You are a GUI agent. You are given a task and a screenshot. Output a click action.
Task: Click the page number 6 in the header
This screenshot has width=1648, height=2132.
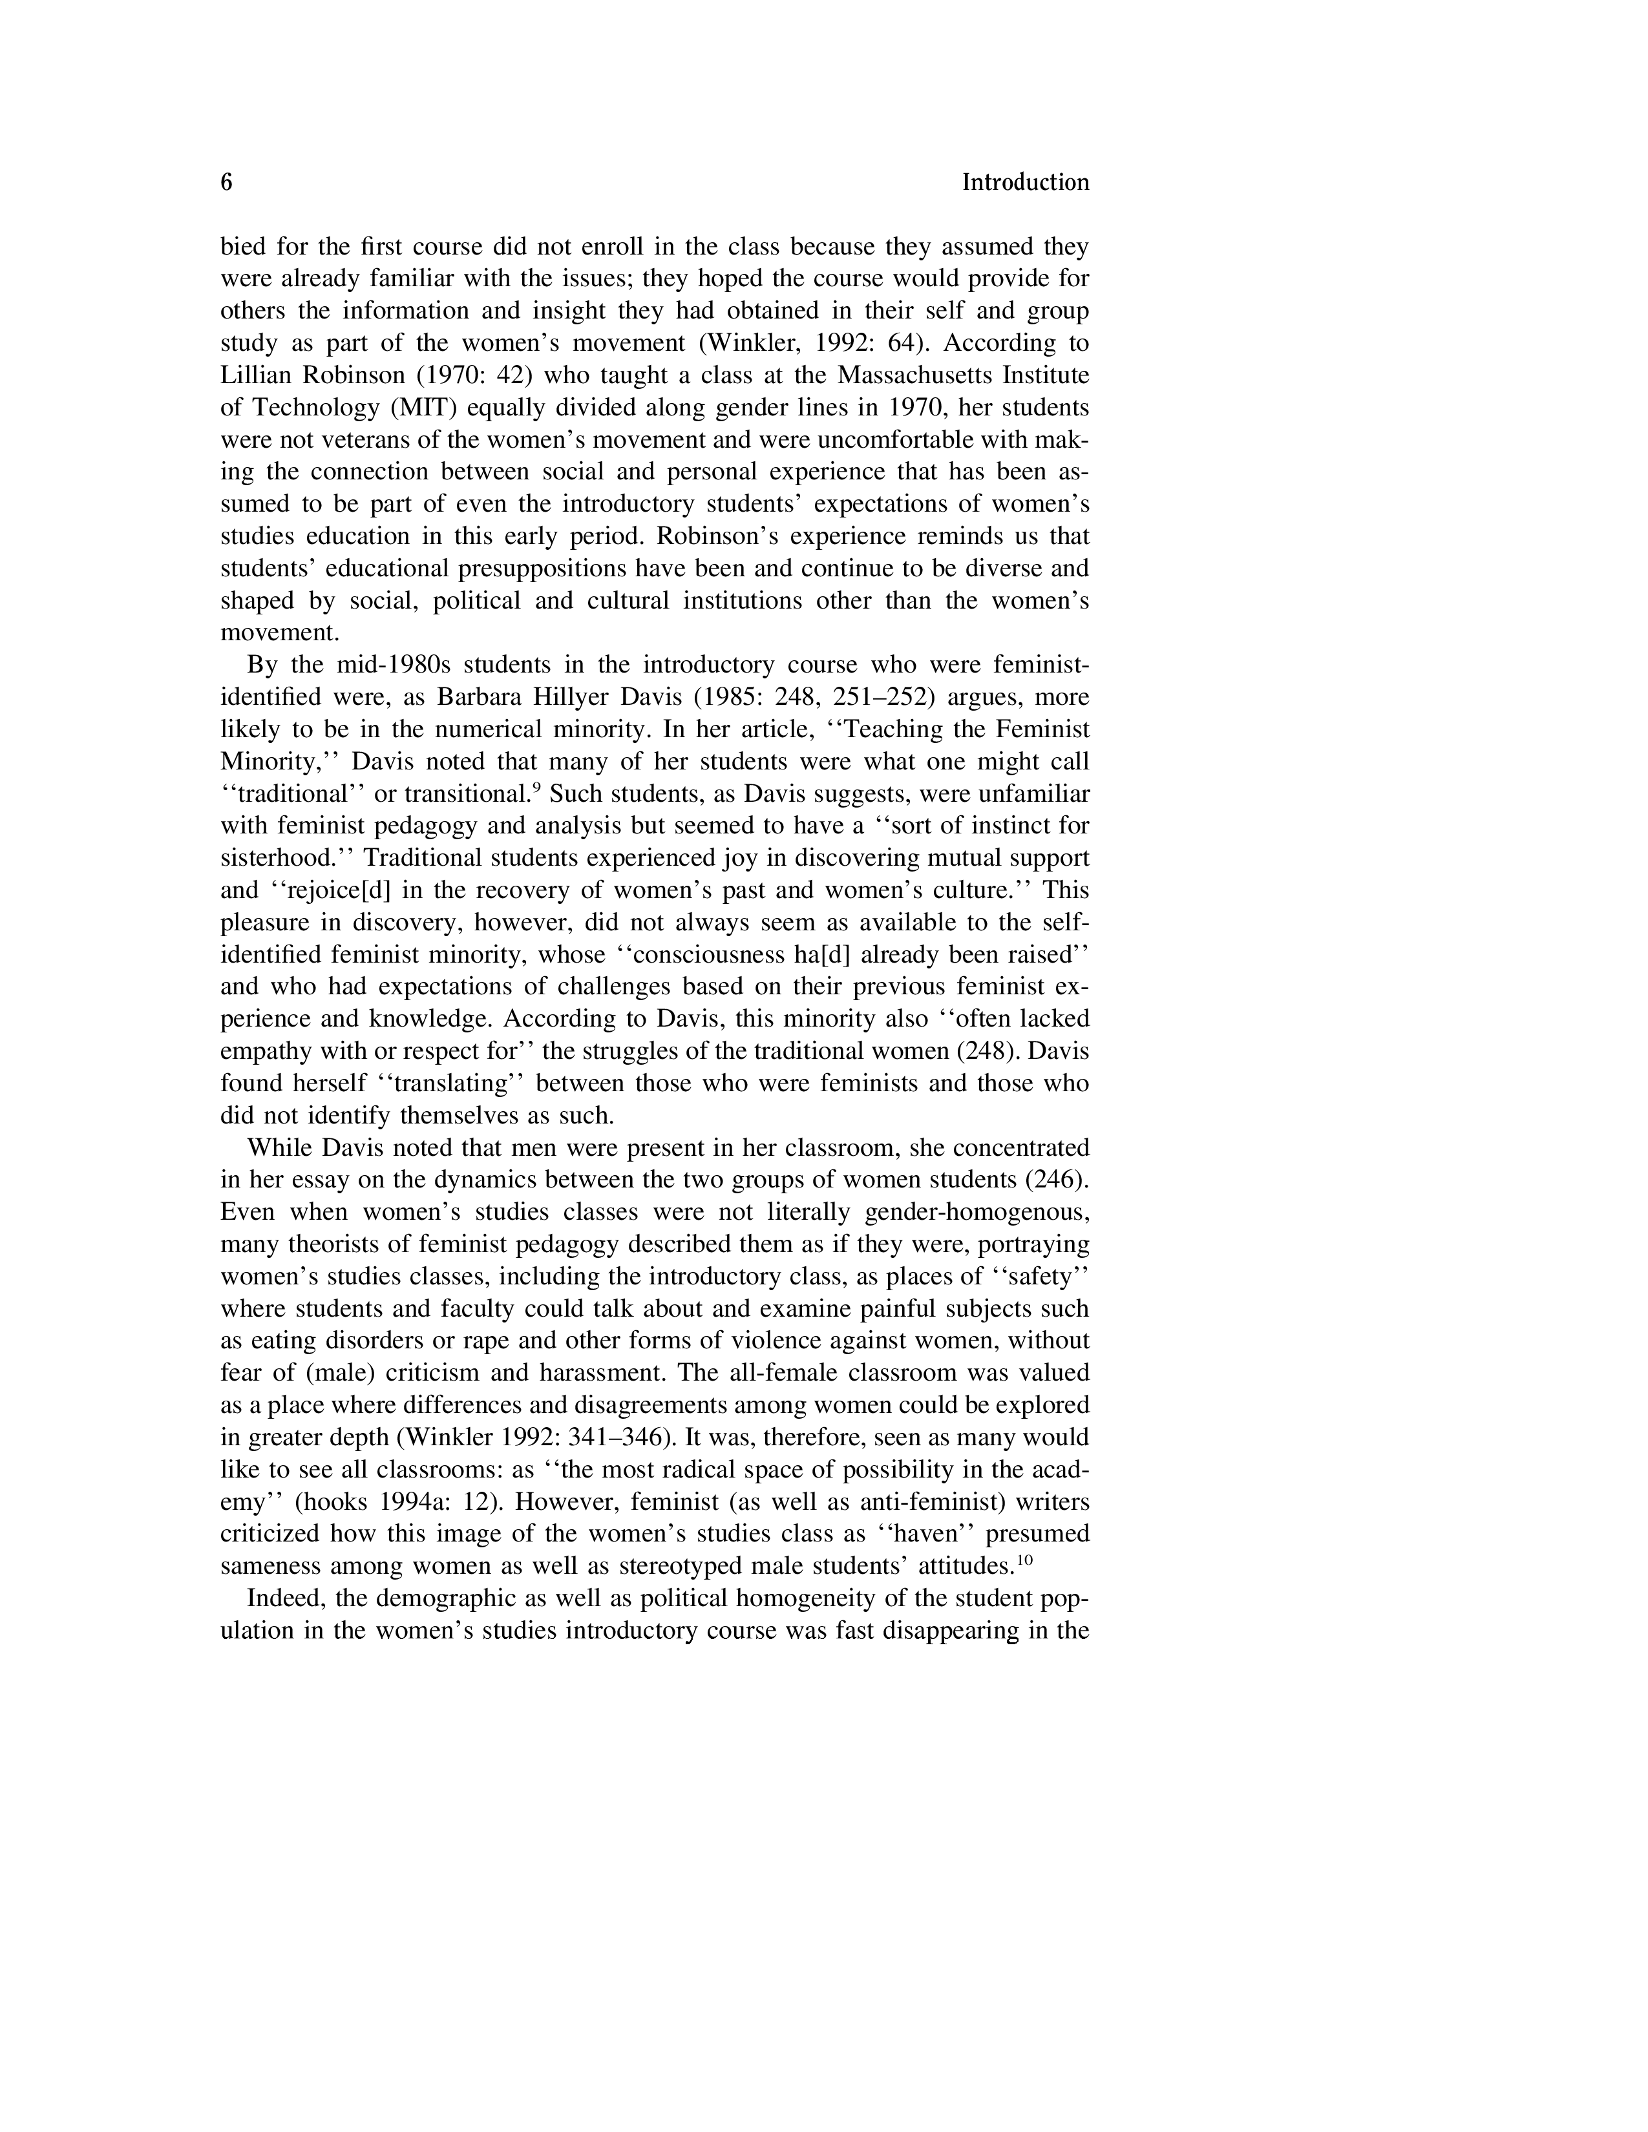(x=226, y=183)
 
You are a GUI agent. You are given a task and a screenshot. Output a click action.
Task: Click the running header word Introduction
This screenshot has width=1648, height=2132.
(x=1025, y=183)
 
